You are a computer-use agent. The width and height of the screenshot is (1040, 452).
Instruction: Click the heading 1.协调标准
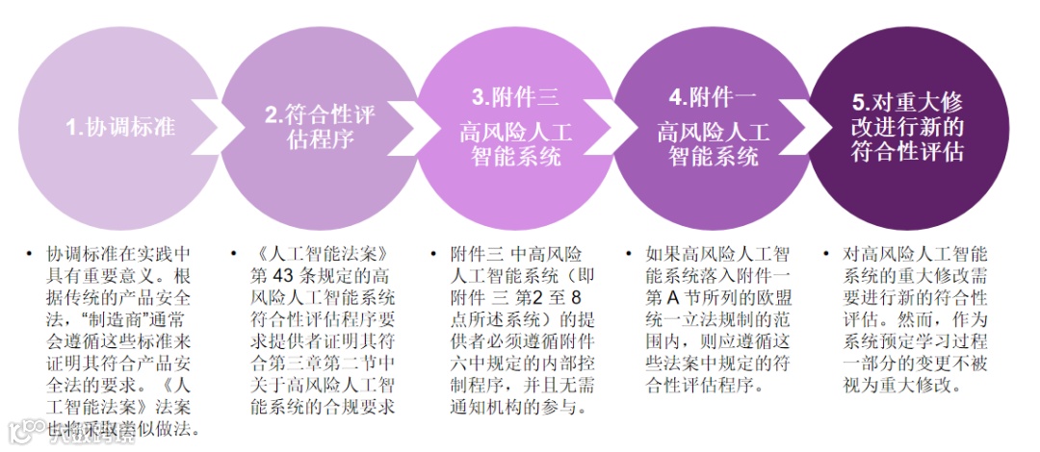pos(119,127)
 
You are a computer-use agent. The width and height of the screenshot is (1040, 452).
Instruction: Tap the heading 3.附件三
pos(515,97)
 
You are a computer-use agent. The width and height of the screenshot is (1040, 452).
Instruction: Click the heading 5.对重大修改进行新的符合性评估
pos(907,127)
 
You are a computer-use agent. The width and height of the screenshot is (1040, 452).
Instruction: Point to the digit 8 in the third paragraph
pos(576,297)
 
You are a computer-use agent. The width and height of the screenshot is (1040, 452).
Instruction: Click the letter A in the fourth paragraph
pos(681,297)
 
